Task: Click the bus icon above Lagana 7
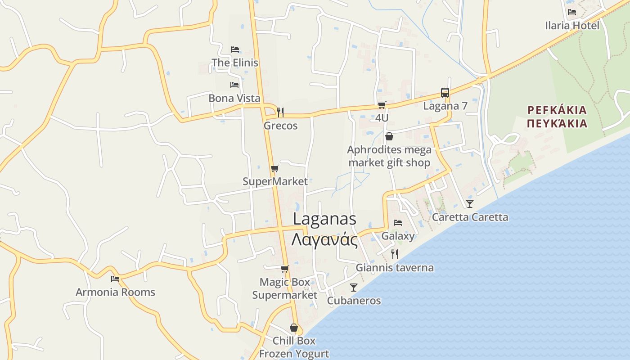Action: [445, 93]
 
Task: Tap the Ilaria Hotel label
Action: [572, 26]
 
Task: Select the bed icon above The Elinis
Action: [234, 49]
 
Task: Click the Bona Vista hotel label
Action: [234, 98]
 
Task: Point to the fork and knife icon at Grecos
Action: [280, 112]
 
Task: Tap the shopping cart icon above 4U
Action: [382, 105]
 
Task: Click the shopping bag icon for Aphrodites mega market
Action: [389, 136]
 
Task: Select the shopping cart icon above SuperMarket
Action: [274, 169]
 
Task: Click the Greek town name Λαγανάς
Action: [324, 240]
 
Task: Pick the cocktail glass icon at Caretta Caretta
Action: [470, 204]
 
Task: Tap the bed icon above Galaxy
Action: [397, 223]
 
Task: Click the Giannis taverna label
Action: [395, 268]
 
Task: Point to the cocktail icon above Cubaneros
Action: [354, 288]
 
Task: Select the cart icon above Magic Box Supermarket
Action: [284, 269]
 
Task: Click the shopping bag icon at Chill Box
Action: [294, 328]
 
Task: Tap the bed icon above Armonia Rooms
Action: [115, 279]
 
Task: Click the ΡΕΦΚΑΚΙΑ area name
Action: [557, 110]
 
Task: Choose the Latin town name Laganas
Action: [324, 219]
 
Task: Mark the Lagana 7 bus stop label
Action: [445, 106]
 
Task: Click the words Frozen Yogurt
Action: [294, 354]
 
